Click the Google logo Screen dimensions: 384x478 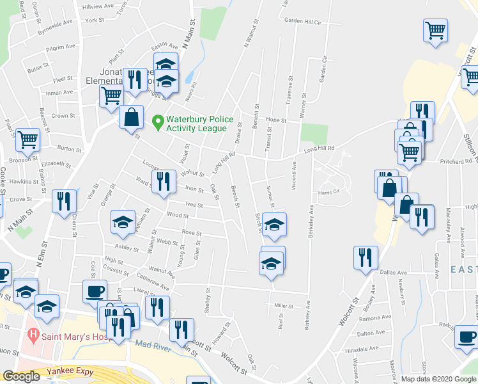click(20, 376)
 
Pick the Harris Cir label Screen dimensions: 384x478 click(327, 192)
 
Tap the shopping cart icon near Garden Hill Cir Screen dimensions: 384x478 click(435, 30)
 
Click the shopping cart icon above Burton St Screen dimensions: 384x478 click(27, 139)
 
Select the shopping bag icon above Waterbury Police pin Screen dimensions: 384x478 click(131, 117)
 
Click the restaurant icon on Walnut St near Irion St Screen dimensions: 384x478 click(163, 180)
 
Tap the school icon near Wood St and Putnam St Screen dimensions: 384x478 click(123, 221)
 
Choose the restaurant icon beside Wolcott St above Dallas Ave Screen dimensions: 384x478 click(366, 257)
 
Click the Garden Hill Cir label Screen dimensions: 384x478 click(303, 21)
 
